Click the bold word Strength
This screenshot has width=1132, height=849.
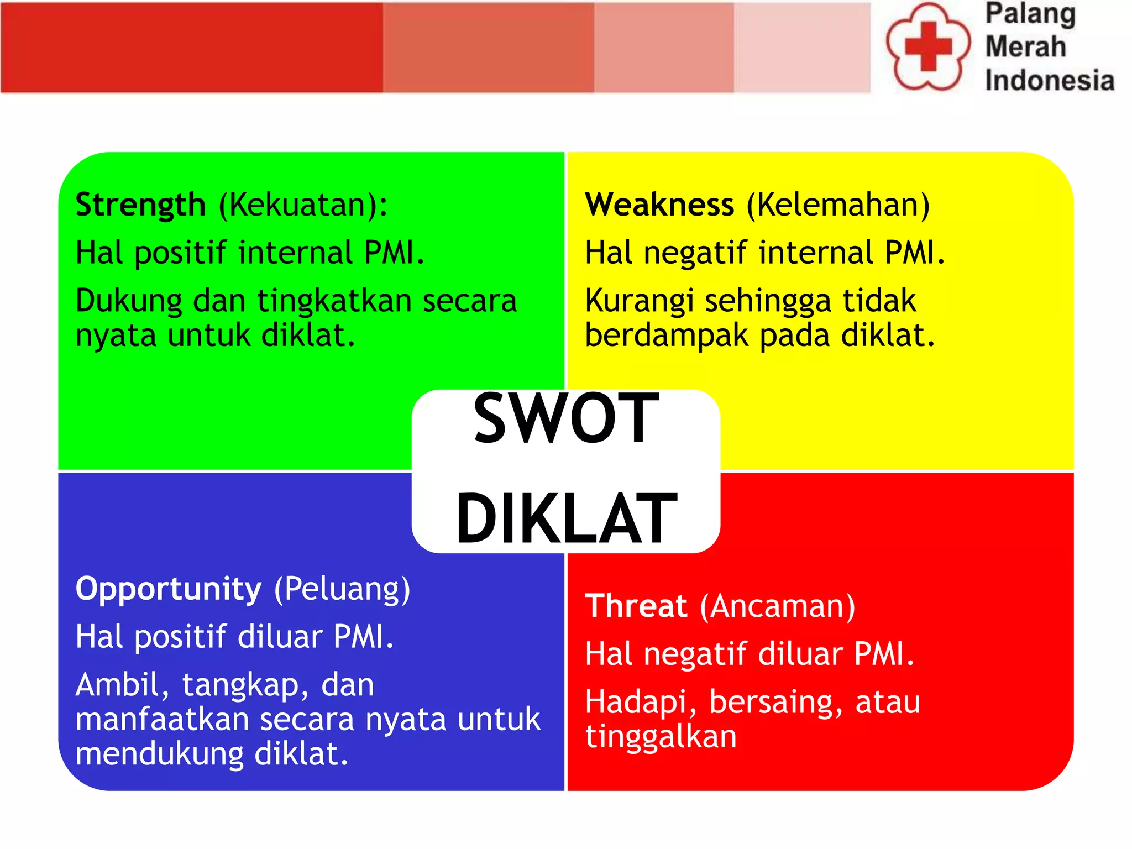(x=140, y=205)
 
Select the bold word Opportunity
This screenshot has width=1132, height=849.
(x=168, y=589)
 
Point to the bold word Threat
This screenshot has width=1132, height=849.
(x=636, y=606)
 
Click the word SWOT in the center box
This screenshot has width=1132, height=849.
(x=566, y=418)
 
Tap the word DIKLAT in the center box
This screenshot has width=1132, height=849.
(x=566, y=518)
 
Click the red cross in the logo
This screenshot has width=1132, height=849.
(x=928, y=46)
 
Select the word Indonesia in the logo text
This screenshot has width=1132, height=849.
(x=1049, y=81)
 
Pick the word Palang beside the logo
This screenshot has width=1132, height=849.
(x=1030, y=14)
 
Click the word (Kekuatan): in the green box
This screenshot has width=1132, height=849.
(x=303, y=205)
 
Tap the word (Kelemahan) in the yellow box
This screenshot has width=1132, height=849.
(x=838, y=205)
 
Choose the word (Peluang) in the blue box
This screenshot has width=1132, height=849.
(x=342, y=589)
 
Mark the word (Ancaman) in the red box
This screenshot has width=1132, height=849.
(x=777, y=606)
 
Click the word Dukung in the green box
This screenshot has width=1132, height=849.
(x=129, y=302)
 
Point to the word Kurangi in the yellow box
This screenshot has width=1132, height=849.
(x=639, y=302)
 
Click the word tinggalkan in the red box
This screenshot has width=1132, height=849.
(x=661, y=737)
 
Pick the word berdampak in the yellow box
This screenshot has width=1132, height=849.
(x=666, y=336)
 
